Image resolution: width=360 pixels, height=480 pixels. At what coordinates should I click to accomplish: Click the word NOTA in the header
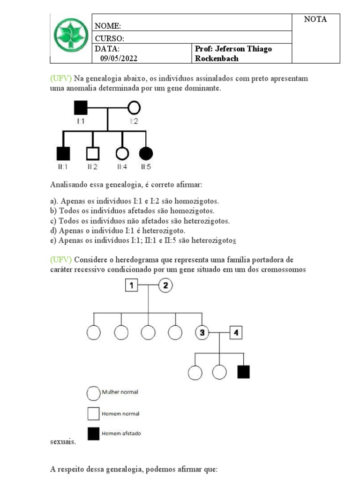[315, 20]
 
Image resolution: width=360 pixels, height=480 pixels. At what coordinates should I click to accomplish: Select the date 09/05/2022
[119, 59]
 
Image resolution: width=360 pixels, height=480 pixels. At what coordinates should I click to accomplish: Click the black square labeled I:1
[81, 108]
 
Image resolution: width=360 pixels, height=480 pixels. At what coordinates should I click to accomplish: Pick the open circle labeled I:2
[134, 108]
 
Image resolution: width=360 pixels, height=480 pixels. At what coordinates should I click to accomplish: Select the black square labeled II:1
[63, 153]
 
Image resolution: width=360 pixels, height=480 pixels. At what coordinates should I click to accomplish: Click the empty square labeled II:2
[93, 153]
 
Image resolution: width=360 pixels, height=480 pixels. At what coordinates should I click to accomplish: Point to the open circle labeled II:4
[122, 153]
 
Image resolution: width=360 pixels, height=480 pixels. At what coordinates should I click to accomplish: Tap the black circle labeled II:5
[146, 153]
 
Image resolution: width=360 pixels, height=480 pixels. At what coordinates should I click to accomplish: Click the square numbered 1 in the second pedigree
[132, 285]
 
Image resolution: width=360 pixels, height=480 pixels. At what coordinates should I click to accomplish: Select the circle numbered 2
[165, 285]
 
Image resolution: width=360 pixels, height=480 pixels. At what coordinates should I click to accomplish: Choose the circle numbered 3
[202, 333]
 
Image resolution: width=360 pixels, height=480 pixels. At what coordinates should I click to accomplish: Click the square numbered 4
[236, 333]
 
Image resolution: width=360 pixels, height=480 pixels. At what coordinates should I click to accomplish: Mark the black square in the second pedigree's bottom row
[243, 372]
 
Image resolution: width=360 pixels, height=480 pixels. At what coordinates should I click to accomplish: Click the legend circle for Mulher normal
[93, 393]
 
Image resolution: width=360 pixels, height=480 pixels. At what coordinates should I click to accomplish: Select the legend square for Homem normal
[93, 414]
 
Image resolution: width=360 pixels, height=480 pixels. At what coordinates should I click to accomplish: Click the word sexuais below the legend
[62, 442]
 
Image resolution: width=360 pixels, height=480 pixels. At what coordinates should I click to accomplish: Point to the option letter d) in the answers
[53, 231]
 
